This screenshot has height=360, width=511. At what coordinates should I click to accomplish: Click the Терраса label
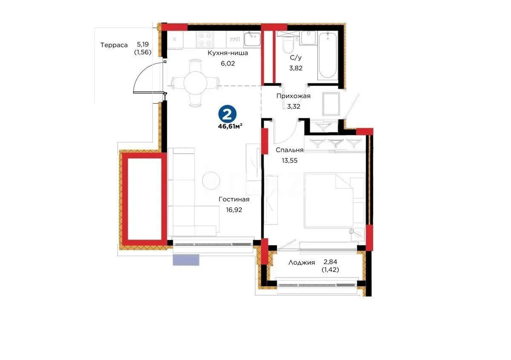tap(114, 45)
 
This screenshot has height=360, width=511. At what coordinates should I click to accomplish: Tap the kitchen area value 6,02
tap(227, 63)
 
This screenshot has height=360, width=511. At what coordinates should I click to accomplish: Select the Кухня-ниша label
tap(227, 53)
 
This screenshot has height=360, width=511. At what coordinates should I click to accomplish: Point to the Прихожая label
tap(293, 96)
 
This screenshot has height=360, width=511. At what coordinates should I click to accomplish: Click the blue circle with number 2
tap(228, 114)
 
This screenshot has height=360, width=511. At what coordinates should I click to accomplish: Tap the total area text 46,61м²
tap(230, 126)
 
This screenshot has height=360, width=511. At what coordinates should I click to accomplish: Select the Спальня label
tap(290, 150)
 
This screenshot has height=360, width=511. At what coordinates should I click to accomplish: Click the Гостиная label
tap(234, 199)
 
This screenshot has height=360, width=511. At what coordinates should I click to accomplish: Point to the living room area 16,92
tap(234, 209)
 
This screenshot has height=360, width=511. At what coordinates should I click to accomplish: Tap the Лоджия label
tap(301, 263)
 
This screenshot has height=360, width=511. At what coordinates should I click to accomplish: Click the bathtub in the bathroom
tap(328, 55)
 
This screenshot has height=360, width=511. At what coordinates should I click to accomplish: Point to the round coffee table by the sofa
tap(211, 181)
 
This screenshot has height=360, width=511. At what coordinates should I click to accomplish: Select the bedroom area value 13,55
tap(290, 160)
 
